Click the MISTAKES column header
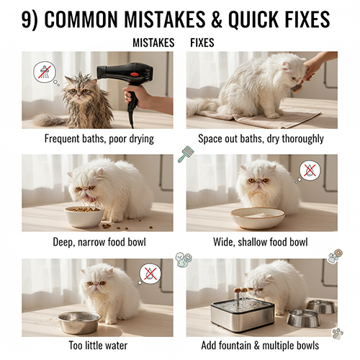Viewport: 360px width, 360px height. [153, 43]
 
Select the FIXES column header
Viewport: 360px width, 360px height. [202, 43]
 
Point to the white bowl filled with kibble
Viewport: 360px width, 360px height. [84, 217]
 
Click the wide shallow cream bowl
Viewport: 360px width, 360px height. [258, 218]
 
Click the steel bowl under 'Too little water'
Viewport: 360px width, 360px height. [79, 323]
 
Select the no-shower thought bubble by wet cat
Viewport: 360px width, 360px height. [45, 72]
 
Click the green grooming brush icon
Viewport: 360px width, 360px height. [186, 154]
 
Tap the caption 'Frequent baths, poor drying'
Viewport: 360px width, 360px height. [99, 139]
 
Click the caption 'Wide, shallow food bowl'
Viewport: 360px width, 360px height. [261, 242]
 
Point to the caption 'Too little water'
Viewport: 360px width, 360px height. [98, 346]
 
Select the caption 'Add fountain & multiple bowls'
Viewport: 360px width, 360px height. [260, 346]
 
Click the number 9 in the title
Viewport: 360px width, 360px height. [27, 19]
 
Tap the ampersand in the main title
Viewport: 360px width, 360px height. [217, 19]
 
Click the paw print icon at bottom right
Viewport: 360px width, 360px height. [338, 333]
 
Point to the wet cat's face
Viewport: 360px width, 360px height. [79, 91]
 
